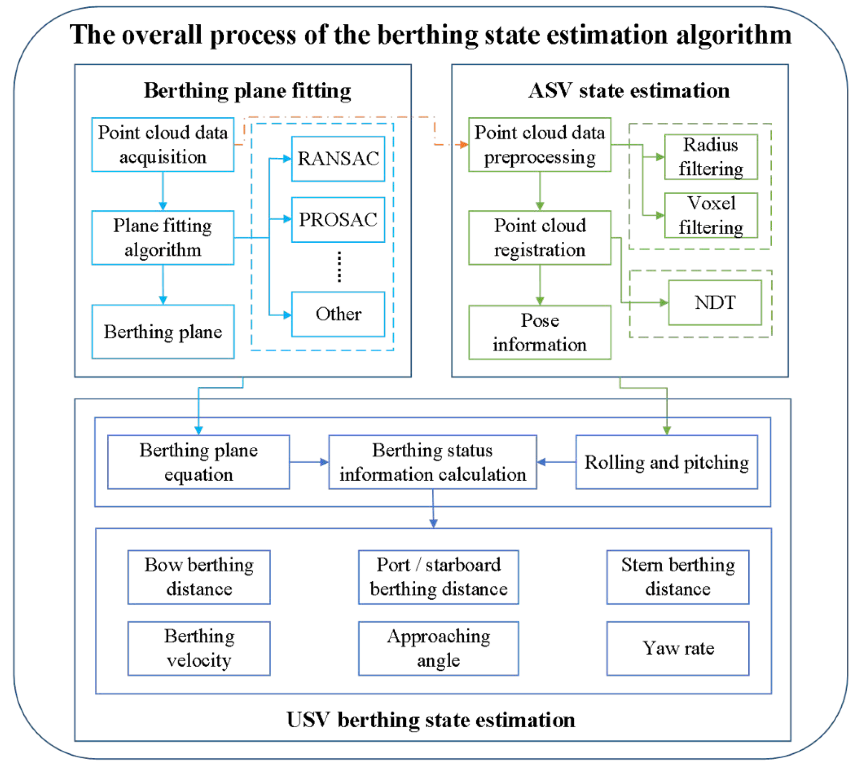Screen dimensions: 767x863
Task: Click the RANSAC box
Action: pyautogui.click(x=338, y=159)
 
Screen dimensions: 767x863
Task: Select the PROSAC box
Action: pyautogui.click(x=338, y=220)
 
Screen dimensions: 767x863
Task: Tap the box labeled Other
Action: pyautogui.click(x=338, y=315)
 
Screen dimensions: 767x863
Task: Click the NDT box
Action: pyautogui.click(x=715, y=302)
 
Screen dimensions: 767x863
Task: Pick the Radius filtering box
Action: pyautogui.click(x=711, y=157)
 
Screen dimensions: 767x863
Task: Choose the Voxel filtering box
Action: pyautogui.click(x=711, y=216)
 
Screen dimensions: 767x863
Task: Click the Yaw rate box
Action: pyautogui.click(x=678, y=648)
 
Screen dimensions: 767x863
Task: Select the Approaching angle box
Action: pyautogui.click(x=438, y=648)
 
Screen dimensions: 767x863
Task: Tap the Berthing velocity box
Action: pyautogui.click(x=199, y=648)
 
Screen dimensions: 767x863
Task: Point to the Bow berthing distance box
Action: pyautogui.click(x=199, y=577)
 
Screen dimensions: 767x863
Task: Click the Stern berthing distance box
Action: pyautogui.click(x=678, y=577)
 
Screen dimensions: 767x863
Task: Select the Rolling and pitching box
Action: pyautogui.click(x=667, y=462)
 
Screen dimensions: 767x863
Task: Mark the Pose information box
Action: pyautogui.click(x=540, y=333)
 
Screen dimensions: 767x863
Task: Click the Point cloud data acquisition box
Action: pyautogui.click(x=163, y=145)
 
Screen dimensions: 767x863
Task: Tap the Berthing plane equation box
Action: pyautogui.click(x=199, y=462)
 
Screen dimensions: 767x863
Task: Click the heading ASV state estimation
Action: pyautogui.click(x=628, y=90)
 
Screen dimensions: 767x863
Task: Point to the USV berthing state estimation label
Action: pyautogui.click(x=431, y=720)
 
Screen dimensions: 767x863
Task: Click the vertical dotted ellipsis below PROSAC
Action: pyautogui.click(x=339, y=267)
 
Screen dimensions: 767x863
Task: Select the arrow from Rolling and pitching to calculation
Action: pyautogui.click(x=556, y=462)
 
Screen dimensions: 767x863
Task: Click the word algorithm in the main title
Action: pyautogui.click(x=734, y=35)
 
